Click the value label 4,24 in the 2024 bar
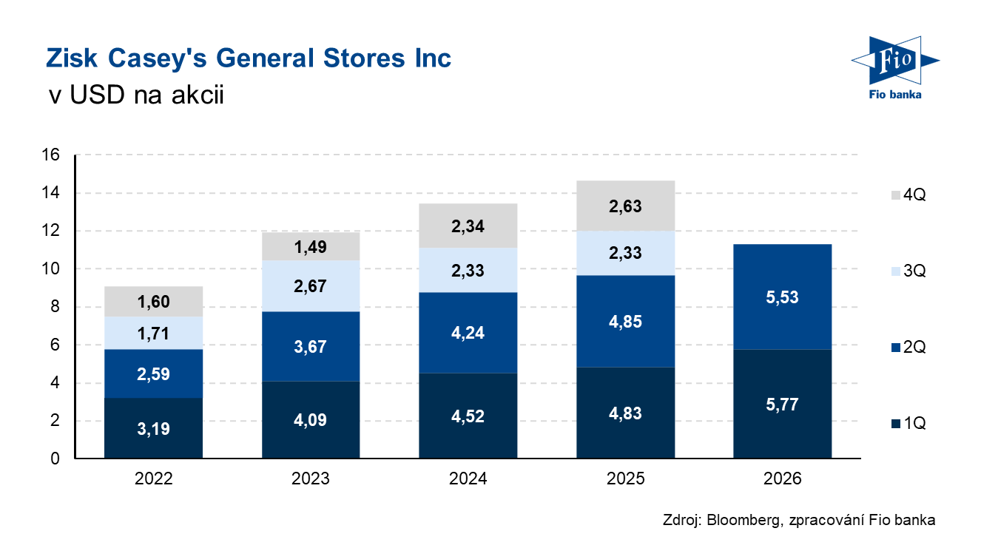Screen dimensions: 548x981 click(x=468, y=333)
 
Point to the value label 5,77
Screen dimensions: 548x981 click(x=782, y=405)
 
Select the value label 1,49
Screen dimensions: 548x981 click(x=311, y=247)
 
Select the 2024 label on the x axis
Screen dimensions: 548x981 click(x=468, y=479)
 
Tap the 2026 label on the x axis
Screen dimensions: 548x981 click(x=782, y=479)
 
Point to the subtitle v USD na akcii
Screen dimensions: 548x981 click(x=135, y=95)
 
